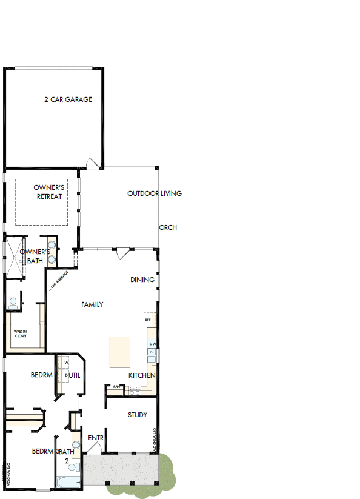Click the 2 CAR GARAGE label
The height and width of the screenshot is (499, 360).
coord(68,99)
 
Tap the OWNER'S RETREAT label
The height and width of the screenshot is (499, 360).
coord(49,192)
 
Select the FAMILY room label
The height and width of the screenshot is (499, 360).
coord(92,304)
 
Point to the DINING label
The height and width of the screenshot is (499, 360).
coord(142,280)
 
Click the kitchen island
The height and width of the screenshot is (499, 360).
coord(119,352)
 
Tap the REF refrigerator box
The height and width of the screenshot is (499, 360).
coord(147,319)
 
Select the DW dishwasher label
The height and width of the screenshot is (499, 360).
coord(153,344)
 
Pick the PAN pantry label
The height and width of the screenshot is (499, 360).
coord(116,386)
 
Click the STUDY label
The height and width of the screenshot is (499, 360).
coord(138,415)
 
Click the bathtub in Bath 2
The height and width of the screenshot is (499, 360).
coord(68,483)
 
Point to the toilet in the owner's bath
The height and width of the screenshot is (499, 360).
coord(13,301)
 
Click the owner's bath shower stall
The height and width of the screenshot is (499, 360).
coord(13,256)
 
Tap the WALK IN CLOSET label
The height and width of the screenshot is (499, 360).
coord(21,333)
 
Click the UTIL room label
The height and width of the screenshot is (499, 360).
coord(75,375)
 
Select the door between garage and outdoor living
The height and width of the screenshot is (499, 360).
coord(92,163)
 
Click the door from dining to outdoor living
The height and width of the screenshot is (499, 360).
coord(122,253)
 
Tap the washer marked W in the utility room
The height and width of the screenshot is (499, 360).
coord(66,363)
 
